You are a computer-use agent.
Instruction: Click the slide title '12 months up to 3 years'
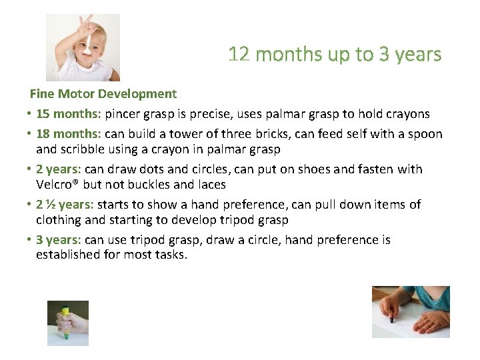click(335, 54)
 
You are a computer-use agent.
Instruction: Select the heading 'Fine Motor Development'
click(103, 94)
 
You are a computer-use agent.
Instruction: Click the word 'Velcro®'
click(59, 185)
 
